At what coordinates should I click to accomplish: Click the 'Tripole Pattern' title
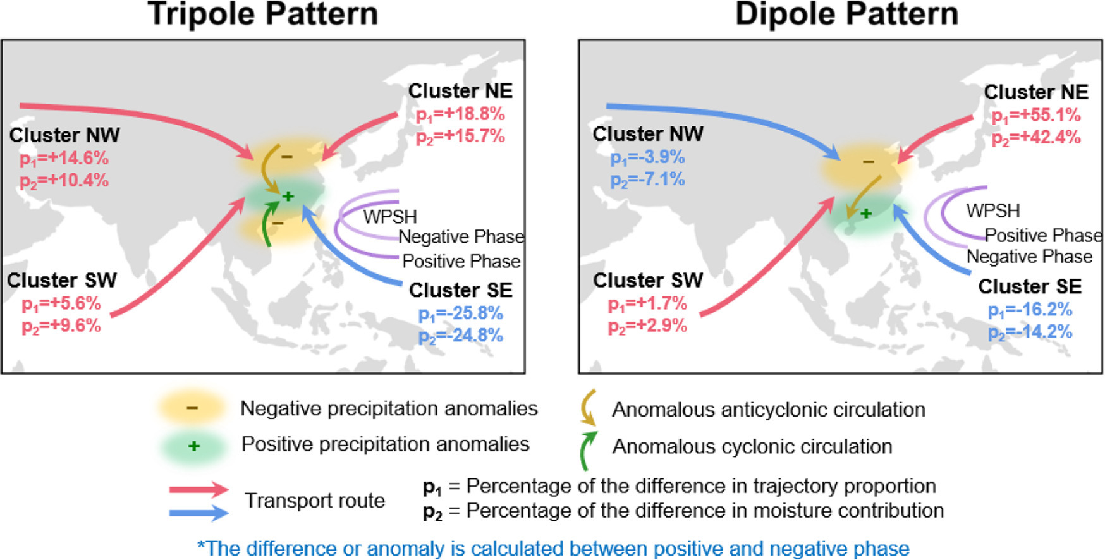pos(262,14)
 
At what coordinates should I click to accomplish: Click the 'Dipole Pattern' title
pos(846,14)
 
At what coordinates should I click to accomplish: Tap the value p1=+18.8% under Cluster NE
pos(460,114)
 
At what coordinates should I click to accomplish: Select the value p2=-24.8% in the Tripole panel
pos(460,336)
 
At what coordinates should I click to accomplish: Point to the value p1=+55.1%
pos(1036,116)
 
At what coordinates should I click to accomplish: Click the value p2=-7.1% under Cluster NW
pos(647,180)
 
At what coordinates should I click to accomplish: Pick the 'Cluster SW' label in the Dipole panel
pos(647,280)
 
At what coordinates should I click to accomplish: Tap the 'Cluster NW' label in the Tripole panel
pos(64,135)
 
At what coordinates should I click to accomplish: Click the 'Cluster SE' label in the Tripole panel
pos(460,290)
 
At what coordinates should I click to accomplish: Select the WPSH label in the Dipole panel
pos(992,210)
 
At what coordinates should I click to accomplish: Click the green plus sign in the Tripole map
pos(288,197)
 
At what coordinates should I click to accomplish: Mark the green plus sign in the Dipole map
pos(866,214)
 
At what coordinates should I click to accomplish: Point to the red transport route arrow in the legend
pos(198,489)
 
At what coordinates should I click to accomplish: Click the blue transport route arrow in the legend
pos(198,513)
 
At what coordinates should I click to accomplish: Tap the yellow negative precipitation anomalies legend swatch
pos(192,408)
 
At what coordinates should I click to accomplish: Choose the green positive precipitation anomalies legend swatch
pos(193,446)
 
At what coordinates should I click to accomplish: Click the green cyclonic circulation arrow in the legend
pos(587,451)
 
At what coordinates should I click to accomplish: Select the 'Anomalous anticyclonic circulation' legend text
pos(768,410)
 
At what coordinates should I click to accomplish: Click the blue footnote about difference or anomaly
pos(553,548)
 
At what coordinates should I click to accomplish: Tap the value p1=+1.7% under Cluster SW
pos(647,304)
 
